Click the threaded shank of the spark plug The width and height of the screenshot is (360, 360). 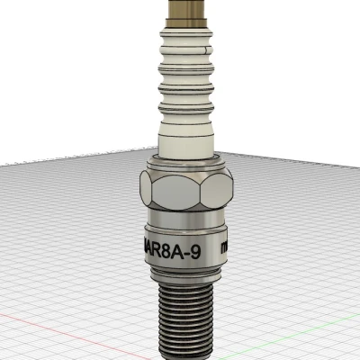point(184,315)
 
